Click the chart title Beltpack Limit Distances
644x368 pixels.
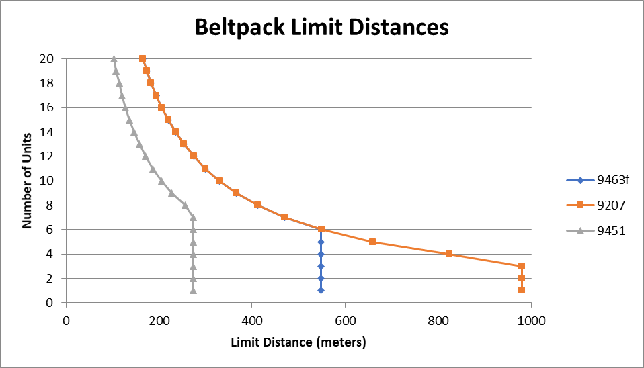321,28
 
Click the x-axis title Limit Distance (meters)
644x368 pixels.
298,342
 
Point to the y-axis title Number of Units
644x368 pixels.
28,180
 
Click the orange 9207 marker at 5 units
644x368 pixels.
372,242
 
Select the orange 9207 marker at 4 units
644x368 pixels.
449,254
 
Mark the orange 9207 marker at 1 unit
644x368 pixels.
522,290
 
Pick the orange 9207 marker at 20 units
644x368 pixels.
143,58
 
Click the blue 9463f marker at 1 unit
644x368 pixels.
321,290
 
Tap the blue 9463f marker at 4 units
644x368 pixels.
321,254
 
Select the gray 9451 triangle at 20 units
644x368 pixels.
114,58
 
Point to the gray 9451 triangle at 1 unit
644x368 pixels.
194,290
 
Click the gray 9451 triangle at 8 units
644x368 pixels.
185,205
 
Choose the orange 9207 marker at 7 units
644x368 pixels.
284,217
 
